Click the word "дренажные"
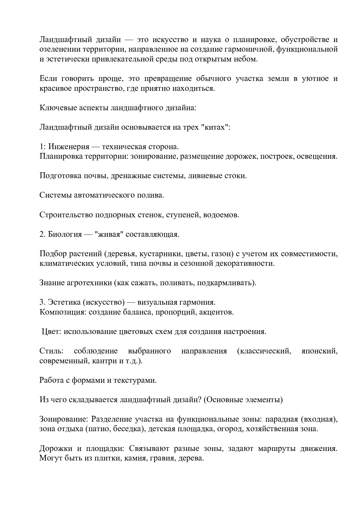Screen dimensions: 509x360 tap(125, 176)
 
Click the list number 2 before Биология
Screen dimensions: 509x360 tap(42, 234)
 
